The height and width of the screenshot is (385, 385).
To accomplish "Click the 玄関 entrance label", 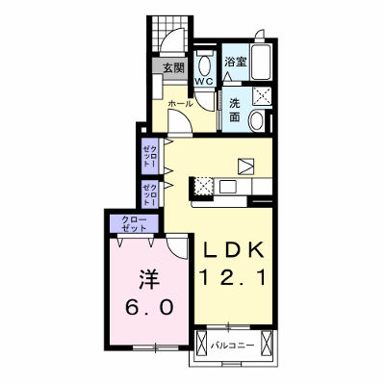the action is click(x=174, y=68).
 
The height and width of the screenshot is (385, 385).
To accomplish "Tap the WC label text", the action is click(x=204, y=82).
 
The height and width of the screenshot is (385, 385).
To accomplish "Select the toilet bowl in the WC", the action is click(x=204, y=65).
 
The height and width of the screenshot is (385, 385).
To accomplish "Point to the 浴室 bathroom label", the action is click(x=235, y=62).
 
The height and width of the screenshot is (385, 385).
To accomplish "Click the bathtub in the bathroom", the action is click(x=262, y=63).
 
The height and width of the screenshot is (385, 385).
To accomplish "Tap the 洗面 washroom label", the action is click(x=235, y=110).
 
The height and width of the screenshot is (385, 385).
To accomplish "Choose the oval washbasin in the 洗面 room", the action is click(x=256, y=120).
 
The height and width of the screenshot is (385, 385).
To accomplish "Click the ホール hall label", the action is click(x=180, y=104).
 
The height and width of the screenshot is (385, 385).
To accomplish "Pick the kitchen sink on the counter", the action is click(x=227, y=187).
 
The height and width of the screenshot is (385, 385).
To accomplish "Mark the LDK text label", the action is click(x=234, y=250).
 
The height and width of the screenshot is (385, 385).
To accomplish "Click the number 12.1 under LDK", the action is click(x=233, y=277).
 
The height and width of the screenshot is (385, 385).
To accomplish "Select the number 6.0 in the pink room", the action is click(x=150, y=307).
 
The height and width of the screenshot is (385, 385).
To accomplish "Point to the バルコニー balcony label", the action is click(x=232, y=346).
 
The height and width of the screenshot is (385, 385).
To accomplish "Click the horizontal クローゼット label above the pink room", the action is click(x=134, y=224).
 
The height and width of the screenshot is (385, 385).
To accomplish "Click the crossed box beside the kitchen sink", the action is click(x=203, y=186).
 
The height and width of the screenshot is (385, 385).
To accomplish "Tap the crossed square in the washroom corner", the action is click(x=262, y=96).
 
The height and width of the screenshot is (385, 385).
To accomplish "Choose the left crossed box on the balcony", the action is click(x=202, y=343).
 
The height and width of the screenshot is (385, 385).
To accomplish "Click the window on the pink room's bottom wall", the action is click(x=156, y=347).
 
